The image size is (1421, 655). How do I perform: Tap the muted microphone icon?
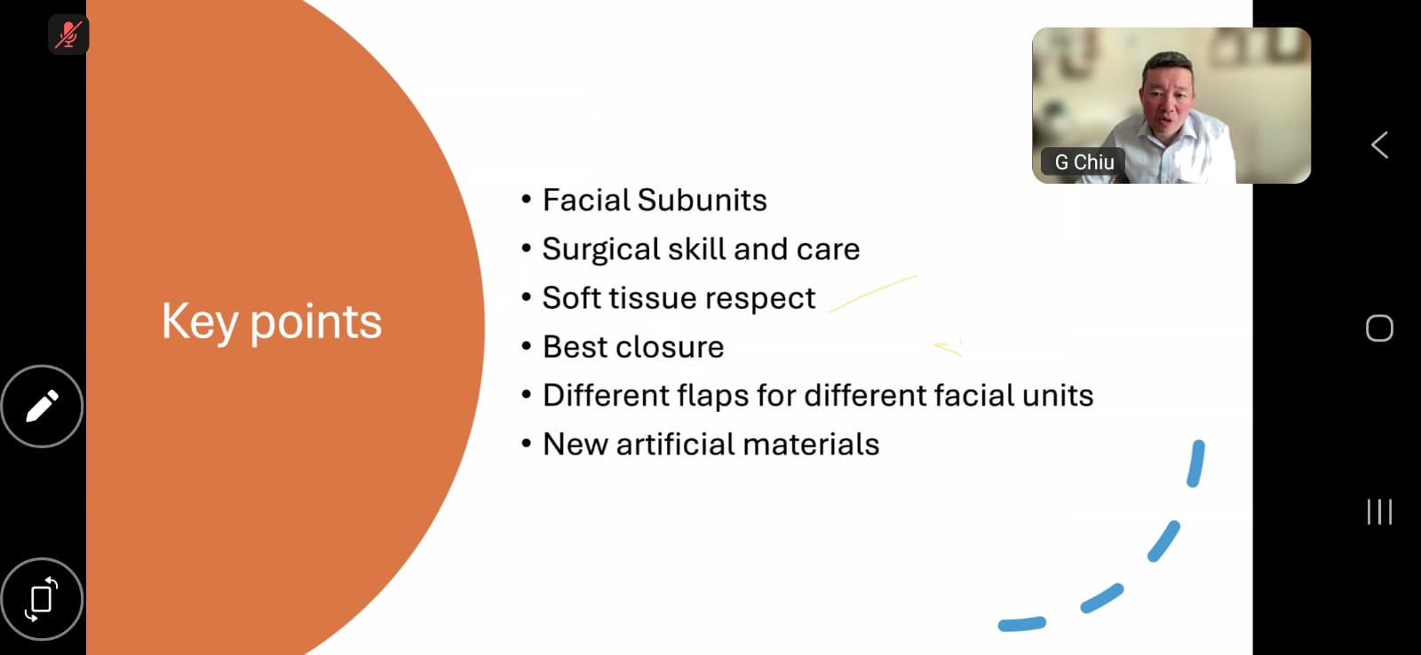(68, 35)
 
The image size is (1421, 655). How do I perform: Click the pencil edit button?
(42, 406)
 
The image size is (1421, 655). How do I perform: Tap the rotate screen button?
(42, 599)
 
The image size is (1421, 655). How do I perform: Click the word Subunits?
(702, 201)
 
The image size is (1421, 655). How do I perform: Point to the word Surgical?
(601, 249)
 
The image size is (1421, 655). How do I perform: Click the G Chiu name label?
(1084, 162)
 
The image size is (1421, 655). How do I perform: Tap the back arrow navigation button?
(1380, 146)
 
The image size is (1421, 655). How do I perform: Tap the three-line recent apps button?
(1379, 512)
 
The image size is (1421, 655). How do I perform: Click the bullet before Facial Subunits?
(526, 199)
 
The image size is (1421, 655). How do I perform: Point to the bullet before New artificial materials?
(526, 443)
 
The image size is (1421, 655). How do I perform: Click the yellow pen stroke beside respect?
(872, 294)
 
